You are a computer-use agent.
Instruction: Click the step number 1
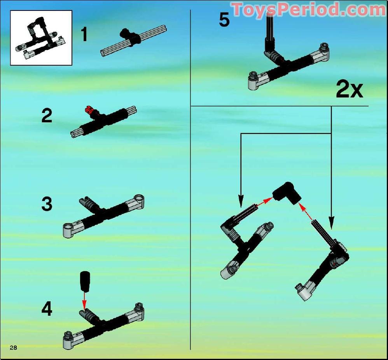click(84, 34)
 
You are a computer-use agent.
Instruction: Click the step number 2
click(47, 115)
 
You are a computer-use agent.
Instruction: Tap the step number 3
click(47, 204)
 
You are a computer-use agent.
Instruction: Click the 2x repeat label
click(349, 90)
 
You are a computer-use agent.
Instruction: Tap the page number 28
click(13, 348)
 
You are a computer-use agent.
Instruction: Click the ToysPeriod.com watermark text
click(309, 10)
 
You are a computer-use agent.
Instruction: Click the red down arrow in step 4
click(84, 301)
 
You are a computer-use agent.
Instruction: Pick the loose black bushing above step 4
click(85, 282)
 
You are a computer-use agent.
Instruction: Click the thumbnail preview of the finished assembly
click(41, 38)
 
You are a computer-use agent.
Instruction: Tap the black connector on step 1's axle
click(130, 37)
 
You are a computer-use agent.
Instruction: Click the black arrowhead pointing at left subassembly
click(241, 201)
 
